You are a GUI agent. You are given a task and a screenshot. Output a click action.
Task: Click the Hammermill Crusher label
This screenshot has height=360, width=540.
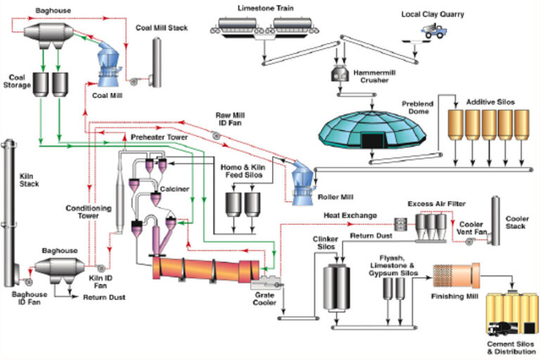374,77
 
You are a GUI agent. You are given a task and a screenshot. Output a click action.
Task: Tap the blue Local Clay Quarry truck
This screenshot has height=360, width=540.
434,31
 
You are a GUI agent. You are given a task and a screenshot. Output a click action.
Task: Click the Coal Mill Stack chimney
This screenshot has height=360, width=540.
157,63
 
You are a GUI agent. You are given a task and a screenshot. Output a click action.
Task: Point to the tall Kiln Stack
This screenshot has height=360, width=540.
9,212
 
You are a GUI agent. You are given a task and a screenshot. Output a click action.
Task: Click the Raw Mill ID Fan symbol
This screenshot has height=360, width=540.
217,136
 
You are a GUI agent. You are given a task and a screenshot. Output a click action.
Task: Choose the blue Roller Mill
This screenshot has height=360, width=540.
302,183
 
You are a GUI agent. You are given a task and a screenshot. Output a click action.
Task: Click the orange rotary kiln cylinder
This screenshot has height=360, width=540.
206,269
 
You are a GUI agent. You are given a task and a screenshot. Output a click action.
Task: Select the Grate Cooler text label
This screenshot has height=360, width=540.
264,299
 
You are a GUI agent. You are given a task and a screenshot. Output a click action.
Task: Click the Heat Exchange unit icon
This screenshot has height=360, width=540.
400,224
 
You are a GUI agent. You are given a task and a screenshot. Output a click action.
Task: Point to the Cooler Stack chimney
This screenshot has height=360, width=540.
495,221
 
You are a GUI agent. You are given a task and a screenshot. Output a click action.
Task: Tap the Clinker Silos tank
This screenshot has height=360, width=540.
337,288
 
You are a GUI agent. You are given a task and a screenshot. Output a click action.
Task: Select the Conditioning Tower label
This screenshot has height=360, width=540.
89,212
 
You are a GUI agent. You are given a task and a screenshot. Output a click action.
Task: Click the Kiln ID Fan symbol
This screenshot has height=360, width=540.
101,268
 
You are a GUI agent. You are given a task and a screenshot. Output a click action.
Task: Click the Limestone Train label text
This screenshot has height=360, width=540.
266,8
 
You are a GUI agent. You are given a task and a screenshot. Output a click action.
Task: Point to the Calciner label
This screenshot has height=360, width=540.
174,188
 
